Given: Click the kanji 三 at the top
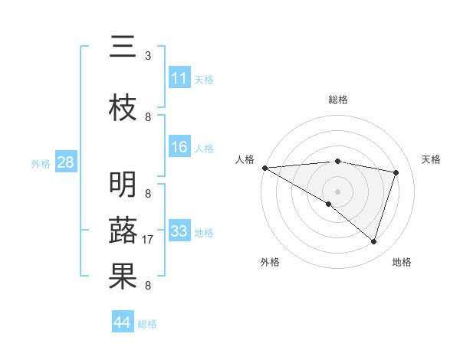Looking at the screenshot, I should [x=123, y=48].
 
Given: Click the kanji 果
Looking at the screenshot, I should [x=123, y=277].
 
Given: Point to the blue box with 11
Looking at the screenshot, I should [x=179, y=78].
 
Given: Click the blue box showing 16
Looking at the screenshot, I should [x=179, y=147].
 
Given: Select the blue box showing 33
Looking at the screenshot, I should [x=179, y=231].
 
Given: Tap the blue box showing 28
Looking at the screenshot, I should [x=65, y=162].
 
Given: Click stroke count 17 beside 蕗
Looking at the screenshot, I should [x=148, y=240].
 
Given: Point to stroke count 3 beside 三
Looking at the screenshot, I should [x=148, y=56].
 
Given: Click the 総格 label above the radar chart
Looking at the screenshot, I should [x=338, y=100].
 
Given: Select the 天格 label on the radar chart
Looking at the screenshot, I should [x=432, y=159].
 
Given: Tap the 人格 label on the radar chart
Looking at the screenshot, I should [x=245, y=159].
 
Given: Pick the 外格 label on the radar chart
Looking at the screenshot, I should [x=270, y=262].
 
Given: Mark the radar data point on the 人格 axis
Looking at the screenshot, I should [x=264, y=168].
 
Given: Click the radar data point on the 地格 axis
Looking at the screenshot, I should [x=373, y=241].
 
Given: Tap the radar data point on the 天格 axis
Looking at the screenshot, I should [x=396, y=172].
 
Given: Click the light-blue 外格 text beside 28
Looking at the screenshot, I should [x=41, y=163].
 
